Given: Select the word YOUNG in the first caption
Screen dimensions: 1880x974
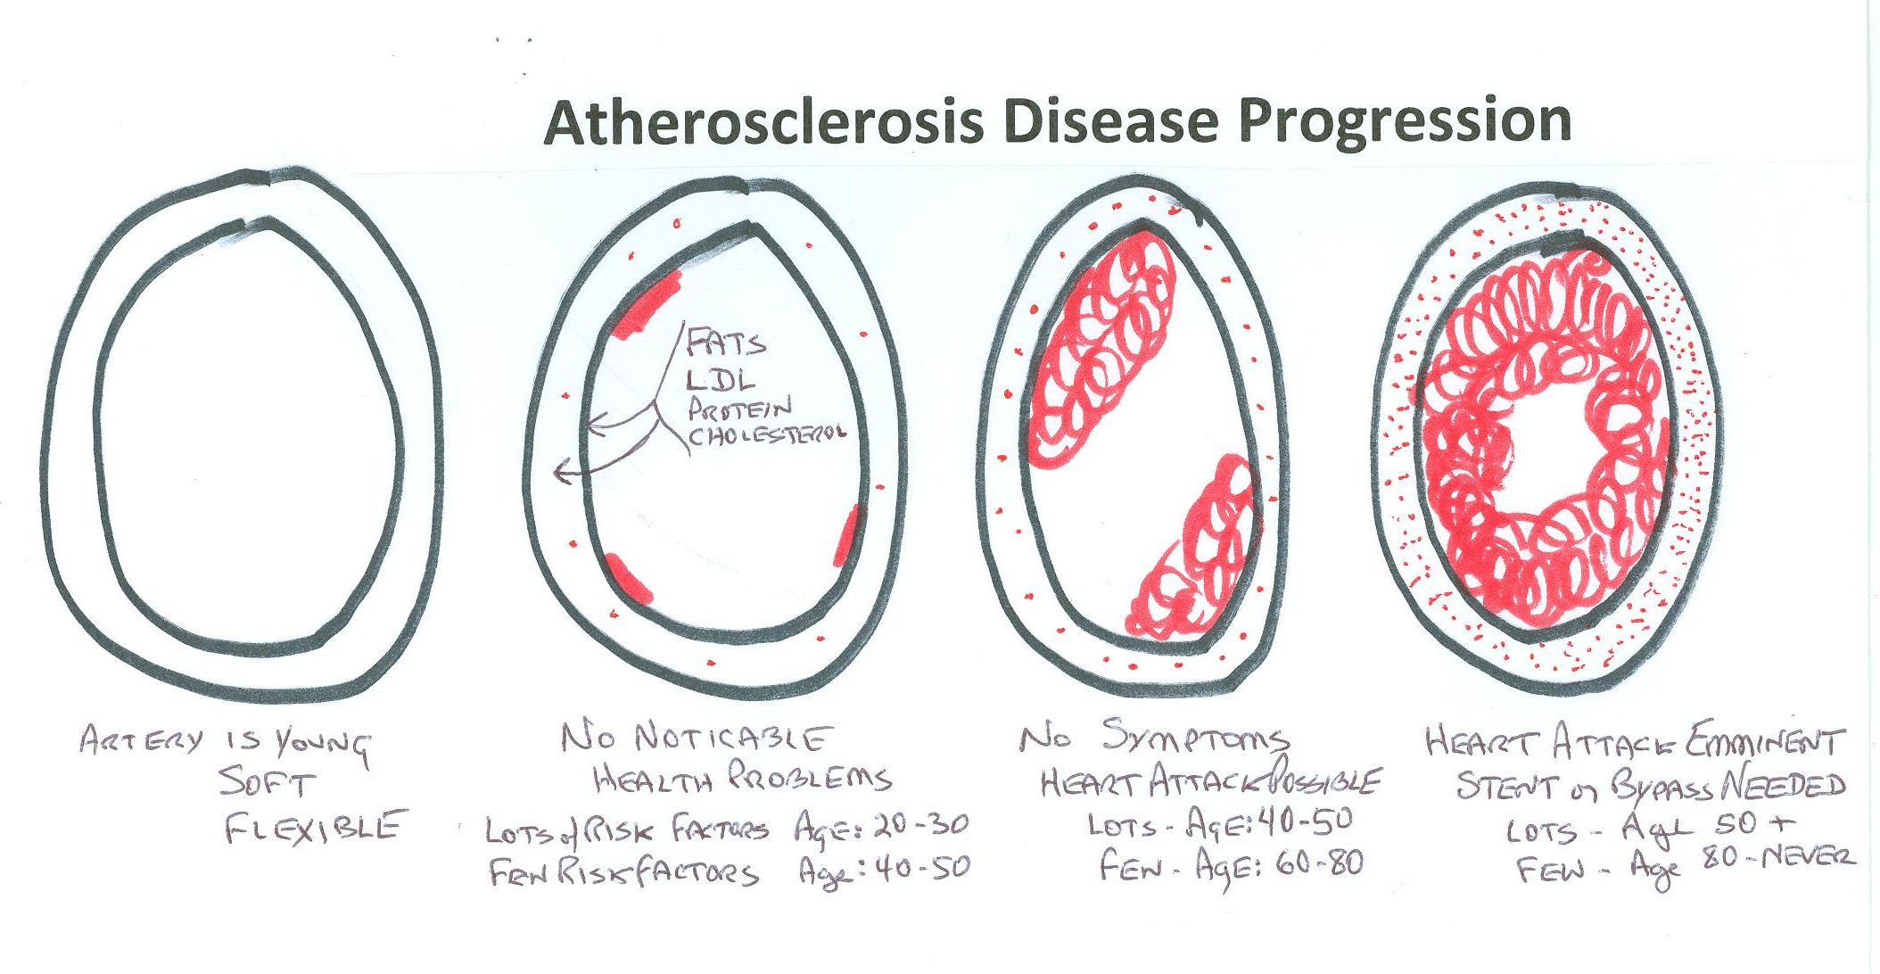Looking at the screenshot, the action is tap(322, 745).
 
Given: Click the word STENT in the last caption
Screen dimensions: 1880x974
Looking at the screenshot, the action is tap(1508, 786).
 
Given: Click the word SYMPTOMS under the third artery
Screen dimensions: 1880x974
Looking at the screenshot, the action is tap(1195, 738).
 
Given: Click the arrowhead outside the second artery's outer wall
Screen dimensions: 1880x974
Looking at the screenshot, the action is tap(562, 471).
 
